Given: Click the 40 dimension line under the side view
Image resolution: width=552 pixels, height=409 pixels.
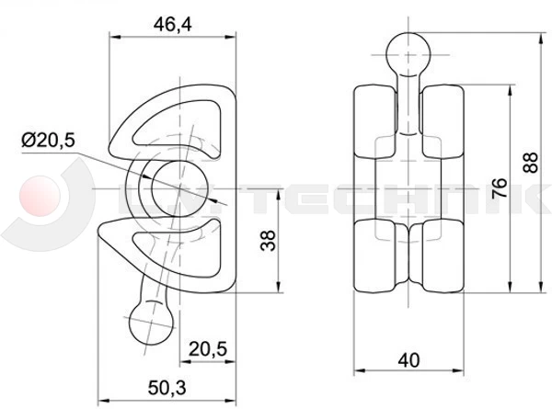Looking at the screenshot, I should [406, 372].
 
